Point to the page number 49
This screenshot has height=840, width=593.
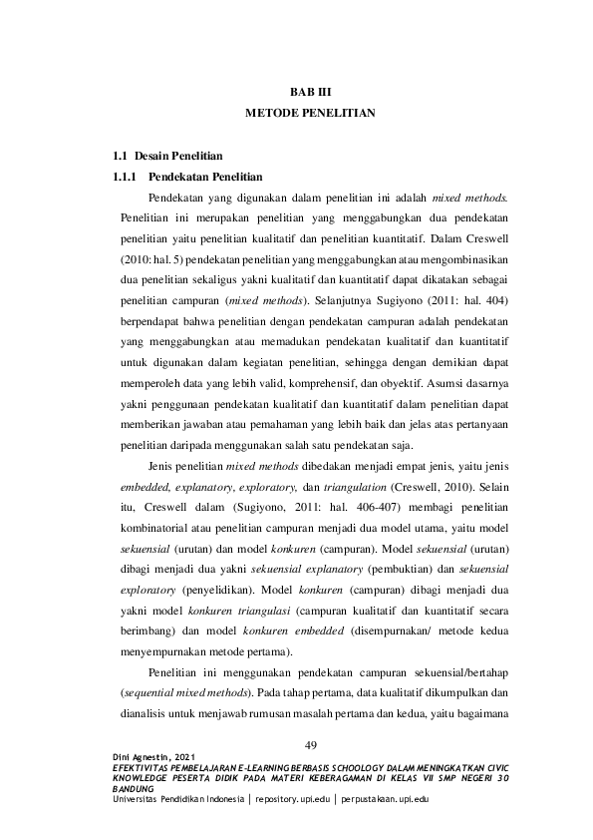pos(309,745)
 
